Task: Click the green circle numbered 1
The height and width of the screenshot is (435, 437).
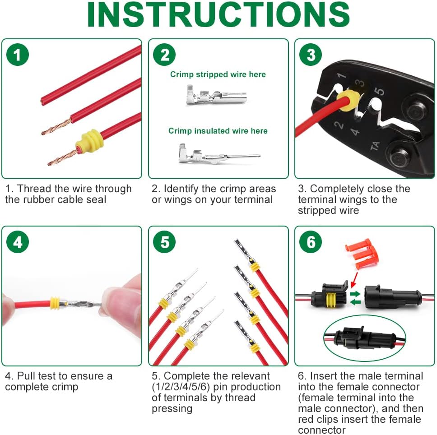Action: [18, 55]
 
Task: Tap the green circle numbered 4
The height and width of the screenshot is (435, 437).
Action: [18, 242]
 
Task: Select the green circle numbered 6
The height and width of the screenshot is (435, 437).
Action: [311, 242]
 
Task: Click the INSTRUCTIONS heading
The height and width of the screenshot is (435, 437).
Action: [218, 14]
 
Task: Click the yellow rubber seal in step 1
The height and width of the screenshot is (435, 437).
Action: [89, 142]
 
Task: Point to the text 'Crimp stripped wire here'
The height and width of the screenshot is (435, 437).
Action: [218, 74]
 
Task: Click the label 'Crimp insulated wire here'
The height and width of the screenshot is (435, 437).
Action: [218, 130]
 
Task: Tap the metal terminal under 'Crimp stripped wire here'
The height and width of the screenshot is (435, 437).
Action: [216, 95]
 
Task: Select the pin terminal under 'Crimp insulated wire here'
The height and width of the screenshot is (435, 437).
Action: [219, 154]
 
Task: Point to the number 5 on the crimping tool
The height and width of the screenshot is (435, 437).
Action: [379, 91]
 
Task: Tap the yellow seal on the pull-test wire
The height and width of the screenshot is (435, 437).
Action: [55, 303]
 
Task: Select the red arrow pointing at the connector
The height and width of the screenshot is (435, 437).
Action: [354, 280]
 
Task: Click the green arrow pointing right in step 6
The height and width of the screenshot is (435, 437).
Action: [355, 294]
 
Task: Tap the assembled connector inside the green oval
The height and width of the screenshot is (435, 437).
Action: [364, 338]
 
